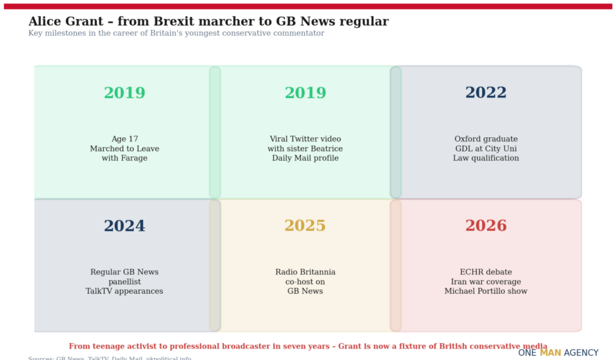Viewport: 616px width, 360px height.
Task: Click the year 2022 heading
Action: tap(485, 93)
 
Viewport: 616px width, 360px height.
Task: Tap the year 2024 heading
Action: tap(125, 226)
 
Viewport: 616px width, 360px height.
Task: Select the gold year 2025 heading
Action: tap(305, 226)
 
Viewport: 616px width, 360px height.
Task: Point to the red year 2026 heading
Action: tap(485, 226)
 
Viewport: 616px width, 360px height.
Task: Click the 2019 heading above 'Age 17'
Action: tap(125, 93)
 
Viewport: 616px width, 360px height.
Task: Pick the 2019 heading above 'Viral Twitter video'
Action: tap(305, 93)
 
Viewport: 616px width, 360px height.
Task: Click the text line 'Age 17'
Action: tap(125, 139)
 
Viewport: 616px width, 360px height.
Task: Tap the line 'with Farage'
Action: tap(125, 158)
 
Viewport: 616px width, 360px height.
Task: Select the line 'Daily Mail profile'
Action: tap(305, 158)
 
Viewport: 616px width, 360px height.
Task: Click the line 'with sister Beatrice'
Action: tap(305, 149)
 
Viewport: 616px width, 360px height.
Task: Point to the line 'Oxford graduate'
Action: tap(485, 139)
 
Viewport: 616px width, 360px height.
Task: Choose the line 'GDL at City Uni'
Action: tap(485, 149)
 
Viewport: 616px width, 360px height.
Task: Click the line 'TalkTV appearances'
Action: tap(125, 291)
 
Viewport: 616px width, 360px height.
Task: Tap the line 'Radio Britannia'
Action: tap(305, 272)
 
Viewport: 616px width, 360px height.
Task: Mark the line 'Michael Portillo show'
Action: tap(485, 291)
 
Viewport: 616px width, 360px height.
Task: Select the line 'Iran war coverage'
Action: tap(485, 282)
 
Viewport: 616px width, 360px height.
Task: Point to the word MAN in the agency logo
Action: tap(550, 353)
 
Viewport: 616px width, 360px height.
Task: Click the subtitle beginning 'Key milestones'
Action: tap(176, 34)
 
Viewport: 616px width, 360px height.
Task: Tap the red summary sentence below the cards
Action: tap(308, 346)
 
